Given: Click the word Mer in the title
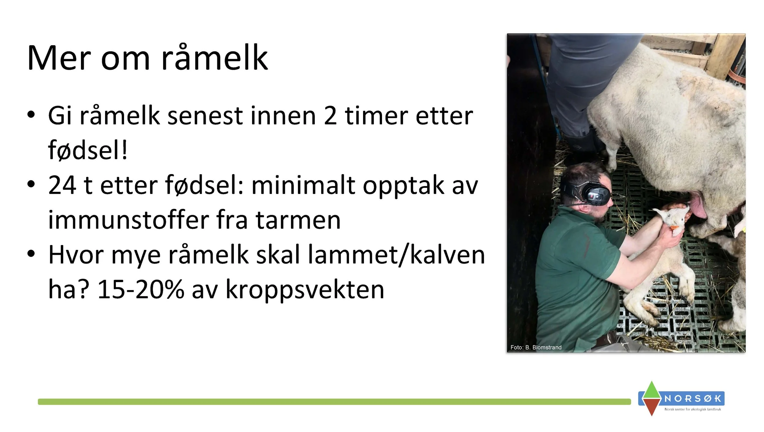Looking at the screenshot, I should pyautogui.click(x=59, y=58).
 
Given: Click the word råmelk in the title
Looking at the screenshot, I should pyautogui.click(x=215, y=58).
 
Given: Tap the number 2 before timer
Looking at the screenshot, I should pyautogui.click(x=330, y=116).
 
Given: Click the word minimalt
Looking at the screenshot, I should pyautogui.click(x=303, y=185).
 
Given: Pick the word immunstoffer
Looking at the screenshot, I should pyautogui.click(x=128, y=220).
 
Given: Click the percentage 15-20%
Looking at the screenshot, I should pyautogui.click(x=141, y=290).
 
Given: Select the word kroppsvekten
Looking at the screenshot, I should pyautogui.click(x=305, y=290).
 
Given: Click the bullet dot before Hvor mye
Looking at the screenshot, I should pyautogui.click(x=31, y=254).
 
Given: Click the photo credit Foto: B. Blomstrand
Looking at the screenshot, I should pyautogui.click(x=536, y=348).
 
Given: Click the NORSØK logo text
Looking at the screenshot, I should pyautogui.click(x=693, y=399).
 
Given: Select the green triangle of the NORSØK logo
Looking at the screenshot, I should pyautogui.click(x=652, y=390).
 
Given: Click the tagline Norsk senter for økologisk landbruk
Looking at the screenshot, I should pyautogui.click(x=692, y=409).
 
